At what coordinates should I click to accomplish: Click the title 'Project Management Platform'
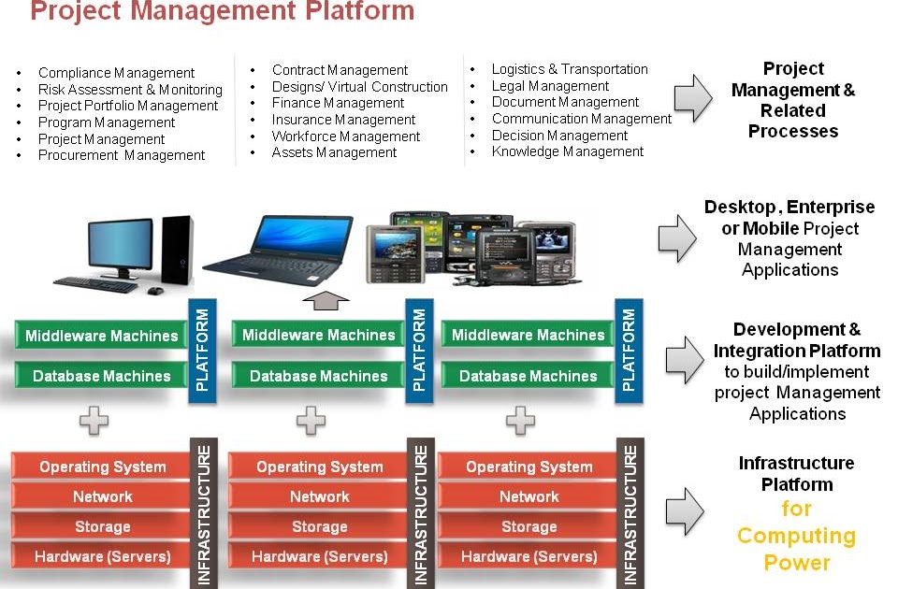[x=222, y=12]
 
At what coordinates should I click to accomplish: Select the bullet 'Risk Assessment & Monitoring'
[x=130, y=90]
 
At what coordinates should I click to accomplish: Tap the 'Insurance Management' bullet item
[x=343, y=120]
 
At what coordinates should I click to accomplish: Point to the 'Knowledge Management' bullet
[x=567, y=151]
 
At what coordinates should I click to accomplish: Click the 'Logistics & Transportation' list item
[x=569, y=69]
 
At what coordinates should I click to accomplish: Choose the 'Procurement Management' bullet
[x=122, y=155]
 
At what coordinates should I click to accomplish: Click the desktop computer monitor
[x=120, y=245]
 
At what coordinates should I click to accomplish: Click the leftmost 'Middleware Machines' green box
[x=101, y=336]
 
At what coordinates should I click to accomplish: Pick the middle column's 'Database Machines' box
[x=318, y=376]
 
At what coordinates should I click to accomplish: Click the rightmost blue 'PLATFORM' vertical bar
[x=629, y=351]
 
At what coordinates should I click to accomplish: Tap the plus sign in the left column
[x=94, y=421]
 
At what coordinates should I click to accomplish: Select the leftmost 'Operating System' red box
[x=102, y=467]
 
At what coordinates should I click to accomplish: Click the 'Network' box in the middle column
[x=319, y=496]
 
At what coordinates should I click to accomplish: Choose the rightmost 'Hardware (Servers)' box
[x=529, y=556]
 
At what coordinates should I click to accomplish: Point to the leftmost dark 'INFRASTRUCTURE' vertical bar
[x=204, y=514]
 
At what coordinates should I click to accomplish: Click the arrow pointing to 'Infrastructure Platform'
[x=683, y=508]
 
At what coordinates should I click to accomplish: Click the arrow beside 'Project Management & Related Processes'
[x=692, y=99]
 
